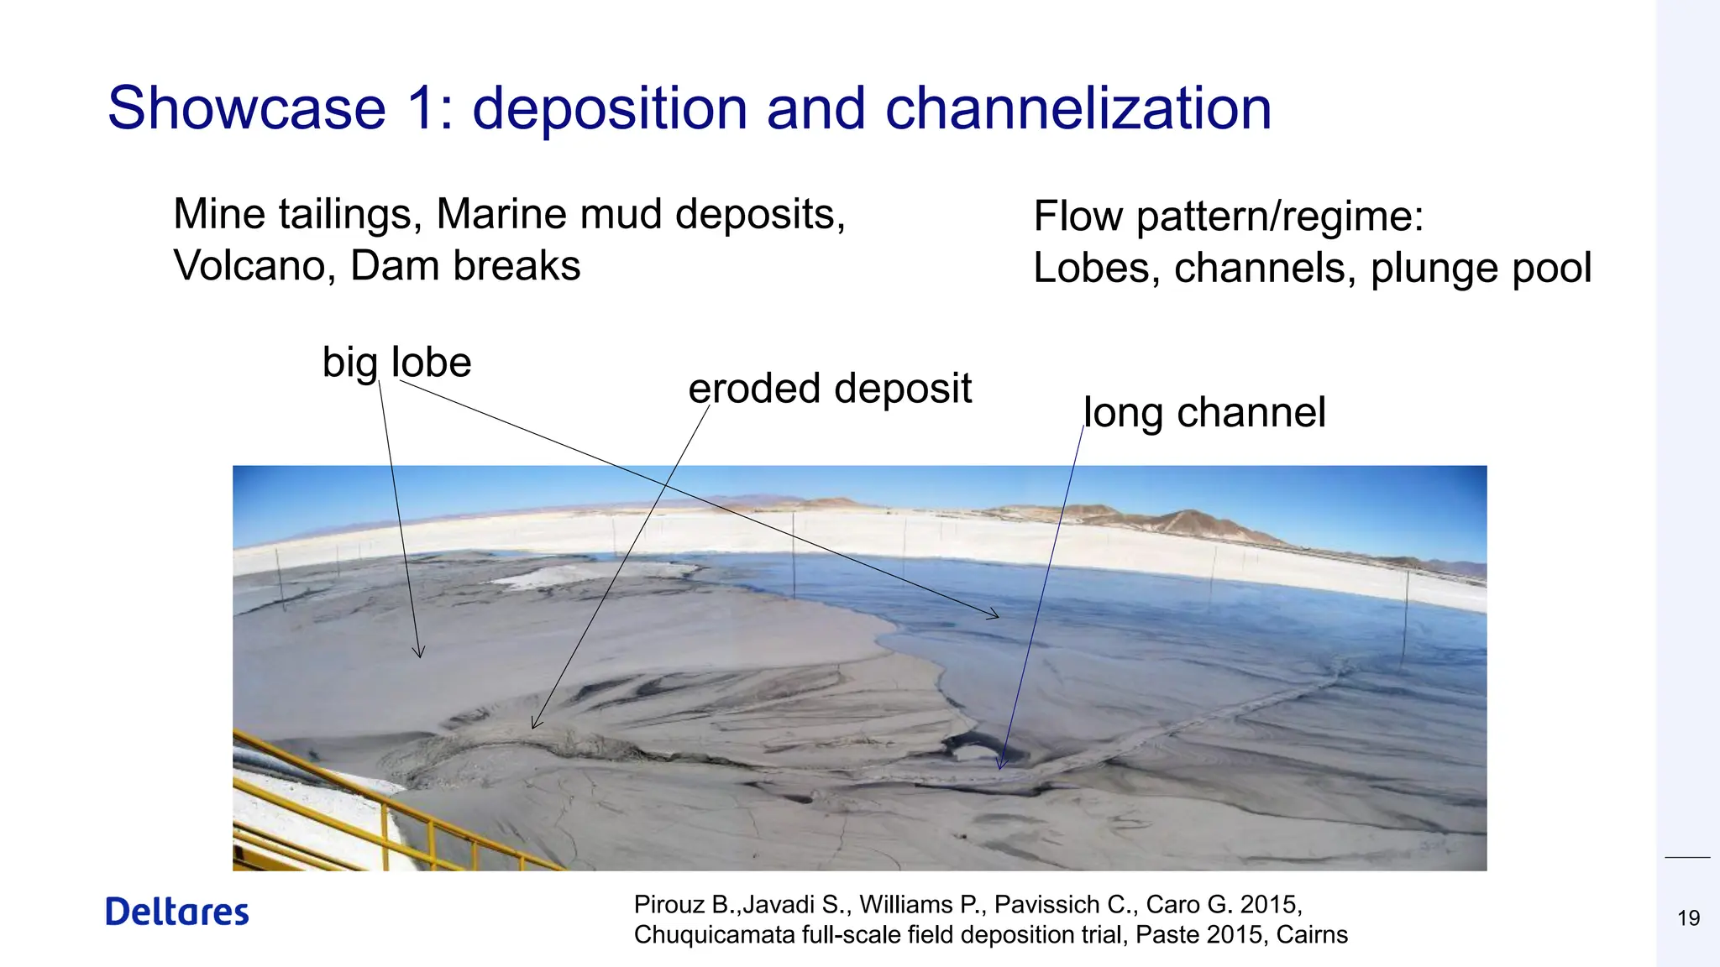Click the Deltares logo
(x=177, y=912)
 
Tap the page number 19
(x=1688, y=918)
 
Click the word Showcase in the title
(x=246, y=108)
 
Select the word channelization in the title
(x=1078, y=108)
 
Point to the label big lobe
(x=396, y=363)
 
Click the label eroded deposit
(x=830, y=389)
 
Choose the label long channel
(x=1204, y=412)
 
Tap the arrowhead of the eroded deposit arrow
(x=535, y=724)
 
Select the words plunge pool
(x=1481, y=269)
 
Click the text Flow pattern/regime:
(x=1228, y=217)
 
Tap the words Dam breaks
(x=464, y=266)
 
